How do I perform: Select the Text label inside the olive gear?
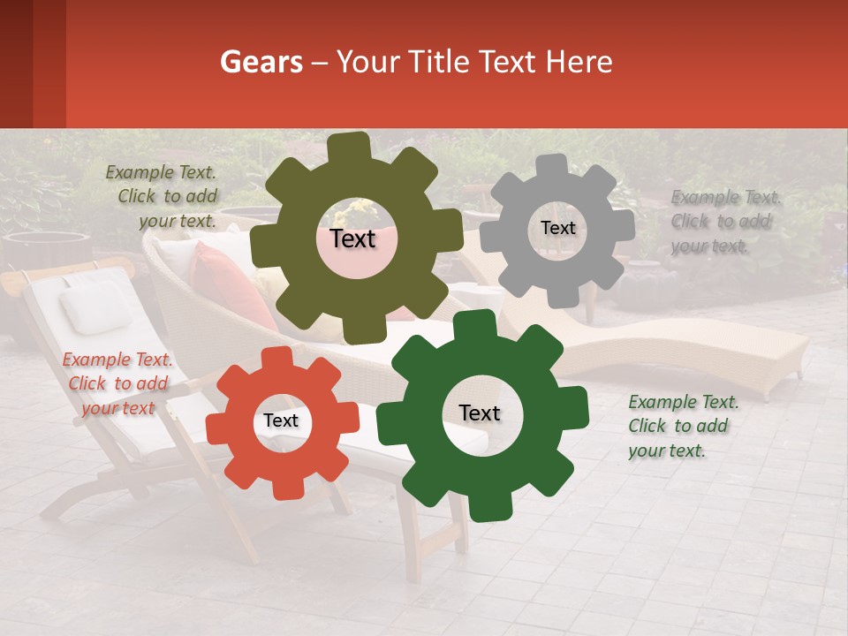352,238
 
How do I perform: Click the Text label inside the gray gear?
557,228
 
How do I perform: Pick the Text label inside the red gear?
281,421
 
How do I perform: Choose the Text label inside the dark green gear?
480,413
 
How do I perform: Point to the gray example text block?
723,221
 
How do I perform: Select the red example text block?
117,383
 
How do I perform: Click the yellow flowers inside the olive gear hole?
360,211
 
